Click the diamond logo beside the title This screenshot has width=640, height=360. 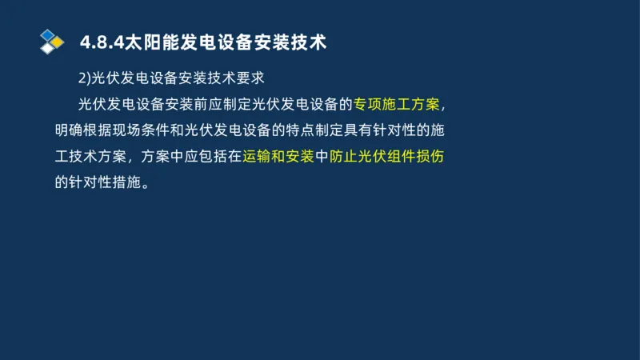click(x=51, y=41)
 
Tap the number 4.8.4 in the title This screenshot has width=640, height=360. click(x=98, y=42)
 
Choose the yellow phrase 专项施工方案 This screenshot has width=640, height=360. click(x=397, y=104)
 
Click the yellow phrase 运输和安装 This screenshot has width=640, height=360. click(x=280, y=156)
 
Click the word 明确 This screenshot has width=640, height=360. click(x=69, y=130)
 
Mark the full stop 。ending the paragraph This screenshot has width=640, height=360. click(x=145, y=183)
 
